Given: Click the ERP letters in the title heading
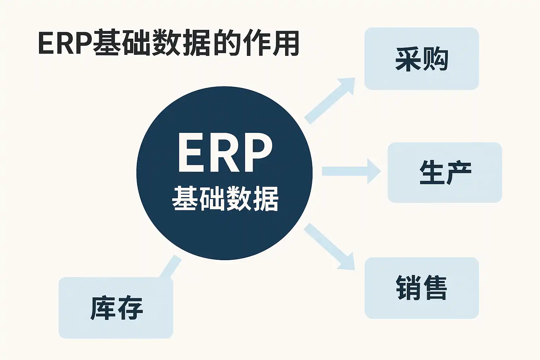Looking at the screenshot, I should [x=65, y=44].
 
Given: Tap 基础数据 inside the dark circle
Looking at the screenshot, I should [x=225, y=199].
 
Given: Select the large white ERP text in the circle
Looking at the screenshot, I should [x=225, y=154].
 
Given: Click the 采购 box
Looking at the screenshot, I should [x=421, y=59].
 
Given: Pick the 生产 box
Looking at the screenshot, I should [x=445, y=172].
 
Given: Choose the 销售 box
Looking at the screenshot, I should [x=421, y=288].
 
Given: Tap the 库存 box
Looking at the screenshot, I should [x=116, y=308].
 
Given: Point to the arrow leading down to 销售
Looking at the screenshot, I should [x=329, y=246].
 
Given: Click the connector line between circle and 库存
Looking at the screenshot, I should [x=171, y=266].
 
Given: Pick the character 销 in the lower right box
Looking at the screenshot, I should [x=408, y=288].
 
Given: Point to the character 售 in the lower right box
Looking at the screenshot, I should [x=435, y=288].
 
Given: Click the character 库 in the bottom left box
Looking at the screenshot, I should [x=103, y=308].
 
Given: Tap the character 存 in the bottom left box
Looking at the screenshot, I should [x=129, y=308].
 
